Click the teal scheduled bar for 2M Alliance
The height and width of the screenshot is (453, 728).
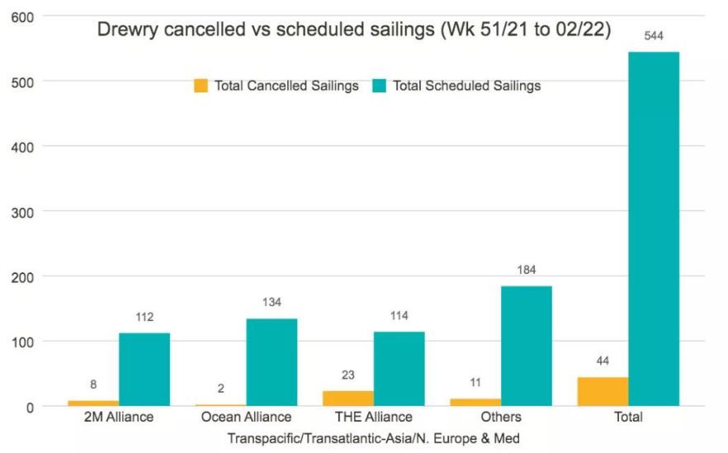click(144, 370)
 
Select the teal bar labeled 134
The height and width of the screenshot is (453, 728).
click(272, 362)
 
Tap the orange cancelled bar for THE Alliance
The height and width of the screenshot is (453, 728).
click(348, 399)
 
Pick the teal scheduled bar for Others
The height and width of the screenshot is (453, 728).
click(527, 346)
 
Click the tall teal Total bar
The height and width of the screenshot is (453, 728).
click(654, 229)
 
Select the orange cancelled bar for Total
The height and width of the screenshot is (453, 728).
click(603, 392)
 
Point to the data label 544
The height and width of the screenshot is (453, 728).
click(654, 35)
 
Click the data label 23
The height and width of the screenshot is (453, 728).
click(348, 375)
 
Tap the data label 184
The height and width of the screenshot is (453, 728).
click(527, 270)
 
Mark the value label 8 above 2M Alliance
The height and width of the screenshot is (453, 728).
click(93, 385)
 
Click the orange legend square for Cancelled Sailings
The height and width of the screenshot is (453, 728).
click(201, 86)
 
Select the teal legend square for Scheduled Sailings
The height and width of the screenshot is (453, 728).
click(380, 86)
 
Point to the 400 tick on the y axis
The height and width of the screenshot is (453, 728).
click(22, 148)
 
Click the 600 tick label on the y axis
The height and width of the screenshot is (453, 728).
click(22, 17)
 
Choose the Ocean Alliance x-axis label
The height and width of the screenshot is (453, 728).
click(246, 417)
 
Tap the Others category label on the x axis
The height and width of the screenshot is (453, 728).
click(501, 417)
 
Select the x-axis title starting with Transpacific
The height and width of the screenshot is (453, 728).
click(374, 438)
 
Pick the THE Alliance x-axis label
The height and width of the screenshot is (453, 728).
click(374, 417)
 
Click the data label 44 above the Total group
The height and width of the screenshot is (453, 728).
click(603, 361)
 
